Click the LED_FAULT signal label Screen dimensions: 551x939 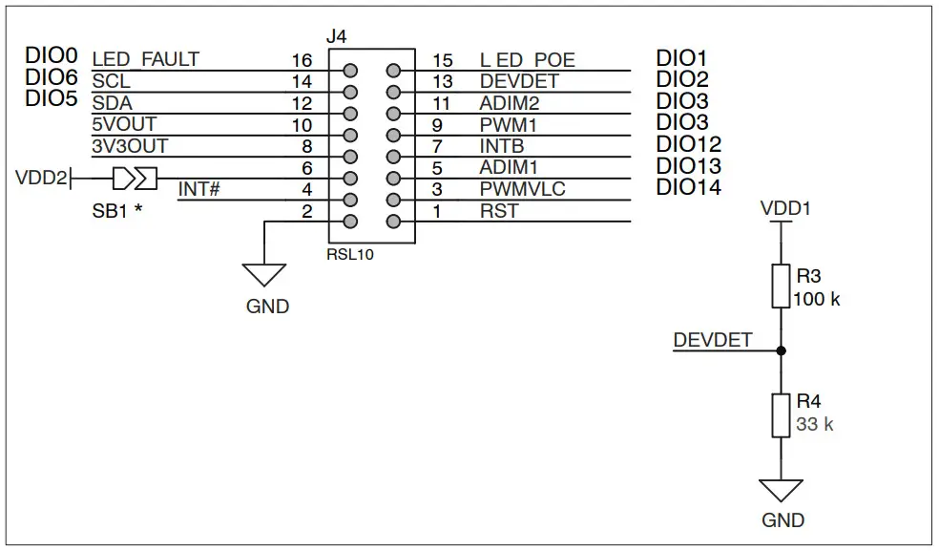(x=145, y=59)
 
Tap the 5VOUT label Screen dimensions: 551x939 (x=123, y=124)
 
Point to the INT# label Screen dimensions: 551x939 (x=198, y=189)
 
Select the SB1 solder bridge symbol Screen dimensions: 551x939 (x=135, y=178)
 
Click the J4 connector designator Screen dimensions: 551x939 (x=337, y=37)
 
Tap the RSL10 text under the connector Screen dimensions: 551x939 (x=350, y=255)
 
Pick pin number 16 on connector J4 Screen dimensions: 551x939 (x=302, y=61)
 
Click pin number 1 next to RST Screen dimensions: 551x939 (x=436, y=211)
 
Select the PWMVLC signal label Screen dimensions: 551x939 (x=522, y=189)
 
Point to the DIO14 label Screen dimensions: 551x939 (x=688, y=188)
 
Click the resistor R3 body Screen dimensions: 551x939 (x=781, y=286)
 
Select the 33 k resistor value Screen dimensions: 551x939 (x=814, y=424)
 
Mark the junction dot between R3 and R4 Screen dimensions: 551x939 (x=781, y=350)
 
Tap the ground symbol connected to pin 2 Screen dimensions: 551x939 (x=264, y=275)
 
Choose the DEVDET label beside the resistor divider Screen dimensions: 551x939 (x=712, y=339)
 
